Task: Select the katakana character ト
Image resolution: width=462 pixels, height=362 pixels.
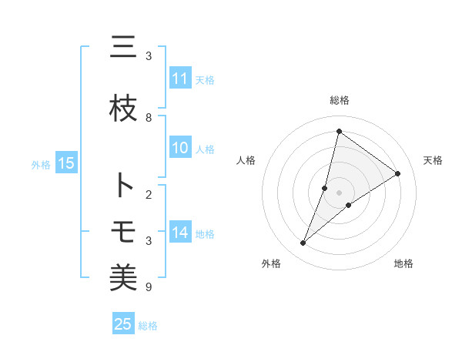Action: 123,186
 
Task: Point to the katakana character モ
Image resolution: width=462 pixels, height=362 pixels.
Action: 123,231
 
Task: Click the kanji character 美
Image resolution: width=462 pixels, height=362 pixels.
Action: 123,277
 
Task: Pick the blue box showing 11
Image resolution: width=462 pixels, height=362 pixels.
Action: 180,79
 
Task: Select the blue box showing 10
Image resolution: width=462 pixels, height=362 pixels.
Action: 180,149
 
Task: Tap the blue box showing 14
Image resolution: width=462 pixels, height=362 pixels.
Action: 180,233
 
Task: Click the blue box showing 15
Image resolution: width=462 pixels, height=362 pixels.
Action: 66,163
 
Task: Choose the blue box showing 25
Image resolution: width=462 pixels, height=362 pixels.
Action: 123,324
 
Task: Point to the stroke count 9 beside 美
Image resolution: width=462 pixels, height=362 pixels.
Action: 149,287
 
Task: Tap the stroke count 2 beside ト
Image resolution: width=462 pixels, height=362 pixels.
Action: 149,194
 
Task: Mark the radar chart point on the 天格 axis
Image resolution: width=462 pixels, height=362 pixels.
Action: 397,173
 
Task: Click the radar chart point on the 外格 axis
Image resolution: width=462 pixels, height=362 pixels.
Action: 303,243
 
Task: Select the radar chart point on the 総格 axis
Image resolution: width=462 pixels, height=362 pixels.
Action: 339,131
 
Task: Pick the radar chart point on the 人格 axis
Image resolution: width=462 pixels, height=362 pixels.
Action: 325,187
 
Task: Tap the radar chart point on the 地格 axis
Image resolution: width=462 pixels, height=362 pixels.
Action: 349,205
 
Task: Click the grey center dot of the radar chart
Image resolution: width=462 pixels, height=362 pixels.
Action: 339,192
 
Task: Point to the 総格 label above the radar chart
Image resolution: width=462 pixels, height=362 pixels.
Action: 339,100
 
